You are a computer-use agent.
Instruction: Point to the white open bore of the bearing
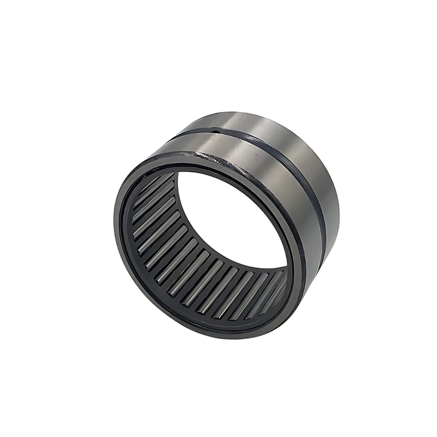click(x=229, y=218)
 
